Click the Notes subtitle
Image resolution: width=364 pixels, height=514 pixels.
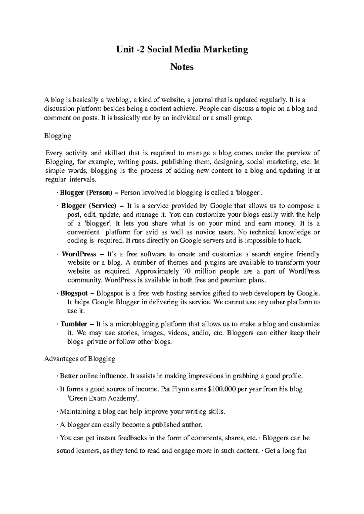pyautogui.click(x=182, y=67)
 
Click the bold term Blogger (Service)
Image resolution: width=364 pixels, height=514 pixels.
pyautogui.click(x=88, y=206)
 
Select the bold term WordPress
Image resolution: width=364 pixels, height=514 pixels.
pyautogui.click(x=79, y=254)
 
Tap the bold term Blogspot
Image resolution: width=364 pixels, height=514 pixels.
pyautogui.click(x=74, y=293)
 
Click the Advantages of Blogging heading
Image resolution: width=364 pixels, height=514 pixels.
pyautogui.click(x=80, y=359)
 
